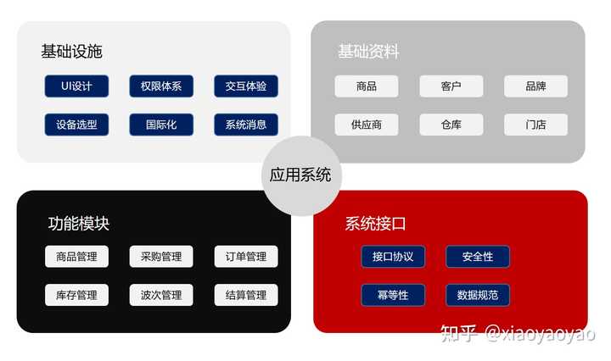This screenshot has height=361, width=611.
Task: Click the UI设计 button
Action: coord(76,86)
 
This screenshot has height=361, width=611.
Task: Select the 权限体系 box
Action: coord(161,86)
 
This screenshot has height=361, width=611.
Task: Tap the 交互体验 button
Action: coord(246,86)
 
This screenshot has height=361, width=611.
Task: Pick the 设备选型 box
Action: coord(76,125)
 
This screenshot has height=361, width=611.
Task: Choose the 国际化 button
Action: coord(161,125)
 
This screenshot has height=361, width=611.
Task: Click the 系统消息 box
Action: coord(246,125)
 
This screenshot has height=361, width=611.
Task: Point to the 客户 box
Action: coord(451,86)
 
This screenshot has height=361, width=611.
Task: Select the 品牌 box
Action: coord(535,86)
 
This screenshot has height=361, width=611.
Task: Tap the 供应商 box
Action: coord(367,125)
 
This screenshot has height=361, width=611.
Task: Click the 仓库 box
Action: coord(451,125)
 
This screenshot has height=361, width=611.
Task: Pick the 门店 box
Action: coord(535,125)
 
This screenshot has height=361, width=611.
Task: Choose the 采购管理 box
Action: coord(161,257)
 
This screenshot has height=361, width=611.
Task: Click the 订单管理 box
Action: coord(246,257)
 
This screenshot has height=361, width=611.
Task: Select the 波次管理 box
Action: coord(161,296)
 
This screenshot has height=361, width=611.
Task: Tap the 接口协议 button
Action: coord(393,257)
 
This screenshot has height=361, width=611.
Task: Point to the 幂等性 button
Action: coord(393,296)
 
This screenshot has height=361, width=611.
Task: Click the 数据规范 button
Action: coord(478,296)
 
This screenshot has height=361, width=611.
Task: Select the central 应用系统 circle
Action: coord(300,176)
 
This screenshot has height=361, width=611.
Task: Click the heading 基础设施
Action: coord(71,52)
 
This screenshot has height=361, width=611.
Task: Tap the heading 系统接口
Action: coord(375,225)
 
